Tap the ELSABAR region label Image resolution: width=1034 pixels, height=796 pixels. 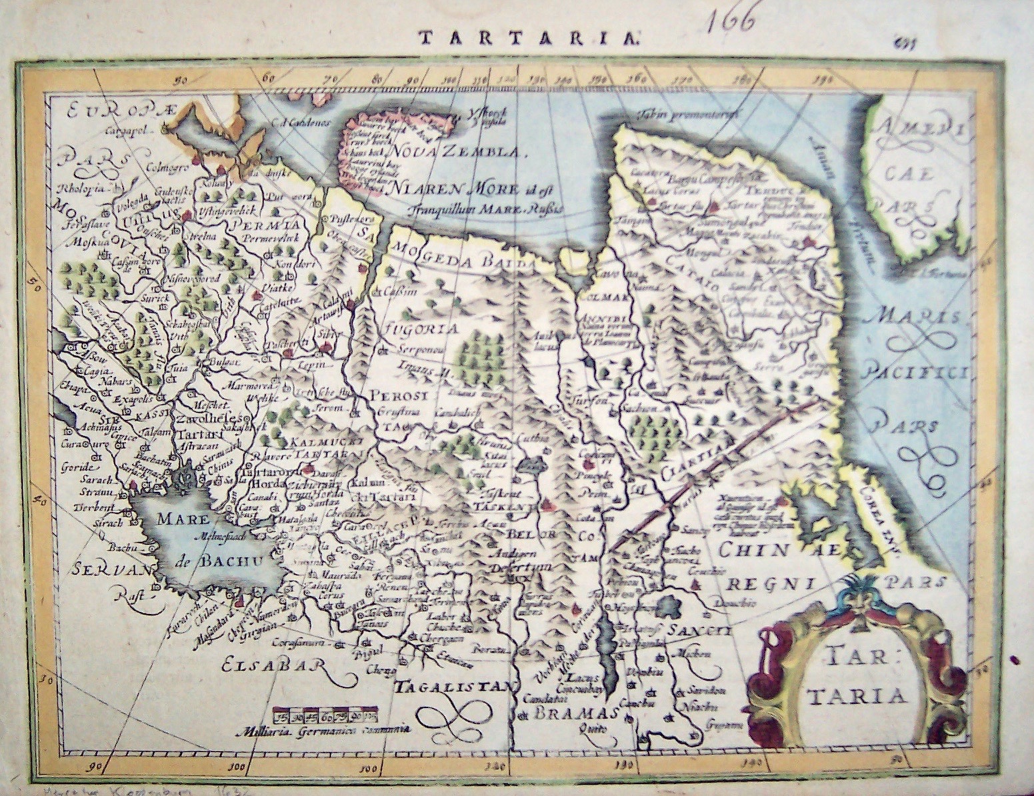(273, 665)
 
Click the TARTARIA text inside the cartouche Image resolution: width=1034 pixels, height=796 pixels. (856, 678)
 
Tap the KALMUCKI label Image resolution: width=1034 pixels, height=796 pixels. (315, 441)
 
